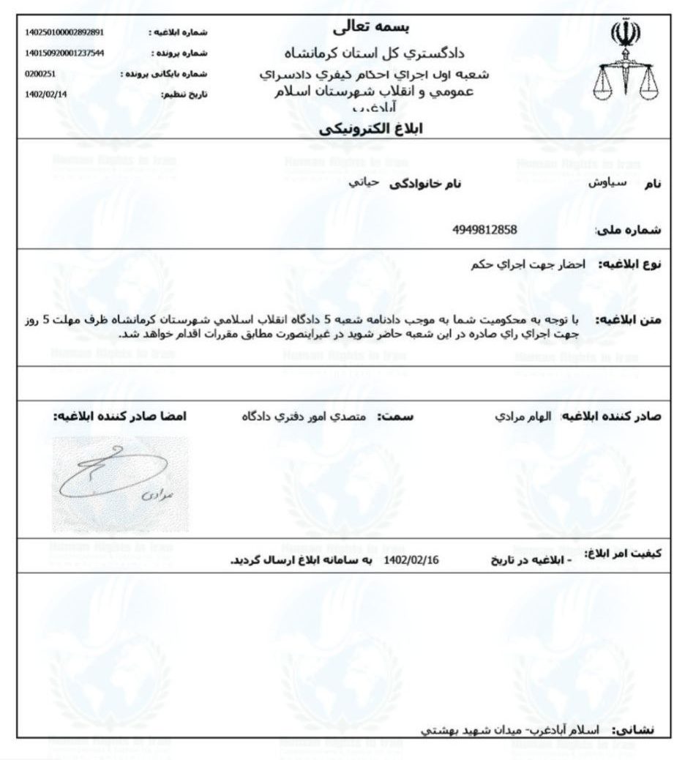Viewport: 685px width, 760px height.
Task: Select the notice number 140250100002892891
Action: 64,32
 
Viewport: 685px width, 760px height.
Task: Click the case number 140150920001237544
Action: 64,53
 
